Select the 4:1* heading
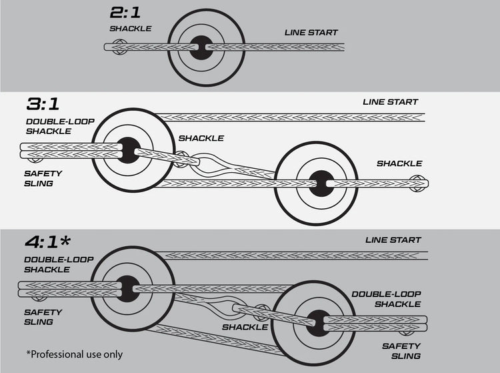[51, 240]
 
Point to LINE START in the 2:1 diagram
[311, 32]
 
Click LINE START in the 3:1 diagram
[390, 102]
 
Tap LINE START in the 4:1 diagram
[392, 240]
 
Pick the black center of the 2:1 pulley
[200, 47]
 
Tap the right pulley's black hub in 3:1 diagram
[320, 181]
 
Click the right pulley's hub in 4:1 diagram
[319, 322]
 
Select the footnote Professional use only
[75, 354]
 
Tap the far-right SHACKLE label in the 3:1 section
[399, 163]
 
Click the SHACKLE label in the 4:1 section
[245, 327]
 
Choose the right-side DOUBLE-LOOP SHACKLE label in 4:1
[386, 298]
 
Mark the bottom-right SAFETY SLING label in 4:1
[401, 350]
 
